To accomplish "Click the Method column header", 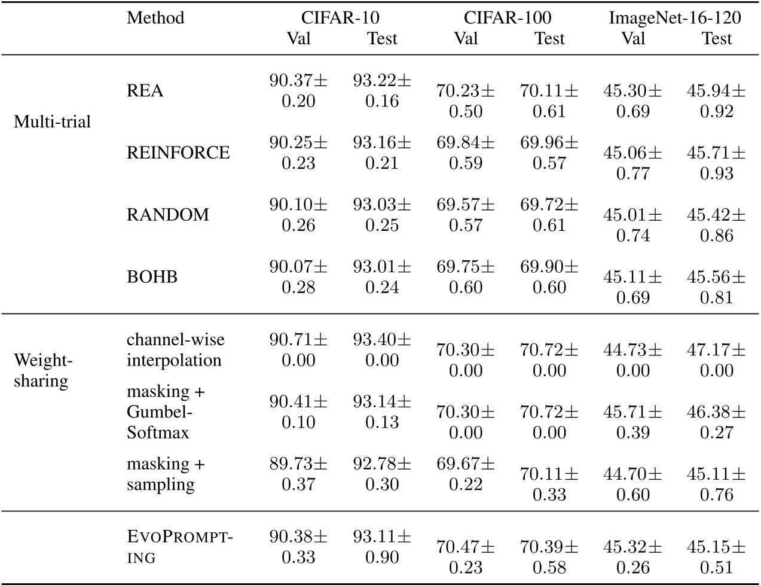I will pyautogui.click(x=155, y=18).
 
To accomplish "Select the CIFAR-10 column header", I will pyautogui.click(x=340, y=18).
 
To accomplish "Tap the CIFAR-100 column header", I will pyautogui.click(x=508, y=18).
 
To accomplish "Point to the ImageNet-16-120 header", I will pyautogui.click(x=675, y=18).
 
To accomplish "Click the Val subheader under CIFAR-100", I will pyautogui.click(x=466, y=38).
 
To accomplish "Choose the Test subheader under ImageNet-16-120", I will pyautogui.click(x=717, y=38).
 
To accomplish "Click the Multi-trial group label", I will pyautogui.click(x=52, y=122).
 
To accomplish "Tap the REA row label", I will pyautogui.click(x=145, y=91).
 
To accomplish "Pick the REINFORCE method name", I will pyautogui.click(x=178, y=153).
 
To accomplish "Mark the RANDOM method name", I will pyautogui.click(x=168, y=215).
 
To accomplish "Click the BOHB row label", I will pyautogui.click(x=152, y=277).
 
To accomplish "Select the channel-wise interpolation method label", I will pyautogui.click(x=175, y=350).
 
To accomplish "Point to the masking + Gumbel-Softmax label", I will pyautogui.click(x=166, y=412).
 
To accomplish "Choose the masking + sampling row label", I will pyautogui.click(x=166, y=474).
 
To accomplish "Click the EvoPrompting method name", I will pyautogui.click(x=179, y=547).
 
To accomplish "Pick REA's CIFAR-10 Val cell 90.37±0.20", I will pyautogui.click(x=298, y=91).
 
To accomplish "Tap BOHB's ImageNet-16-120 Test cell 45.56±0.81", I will pyautogui.click(x=716, y=287).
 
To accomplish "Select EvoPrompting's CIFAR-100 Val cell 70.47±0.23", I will pyautogui.click(x=466, y=557).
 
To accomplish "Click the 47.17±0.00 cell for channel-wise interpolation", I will pyautogui.click(x=716, y=360).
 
